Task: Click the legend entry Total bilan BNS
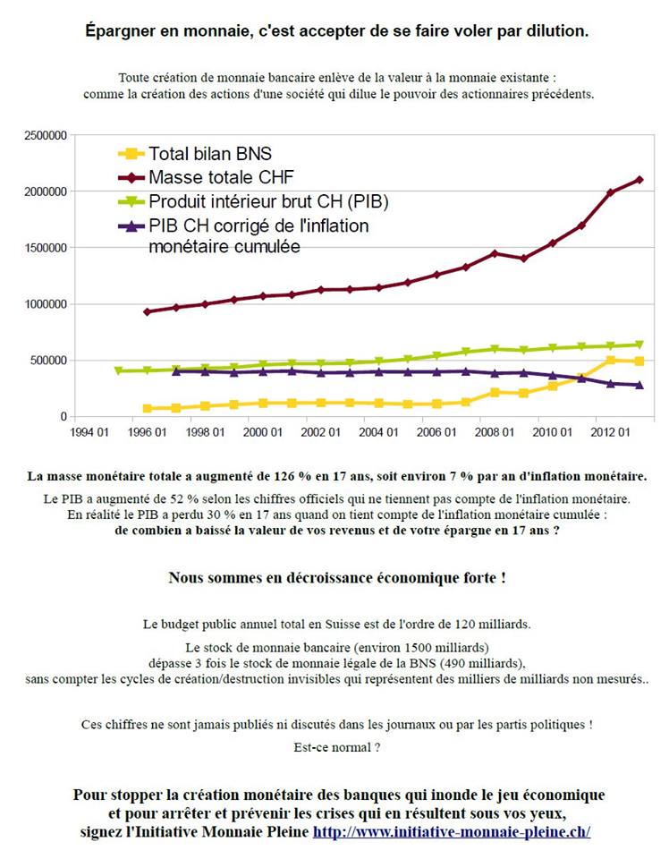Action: pos(209,154)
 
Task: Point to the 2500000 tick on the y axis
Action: pos(44,136)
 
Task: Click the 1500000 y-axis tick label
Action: pos(44,248)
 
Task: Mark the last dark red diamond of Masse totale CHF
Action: pos(639,180)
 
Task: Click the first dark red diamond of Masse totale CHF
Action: pos(147,311)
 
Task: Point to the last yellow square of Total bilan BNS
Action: pos(639,361)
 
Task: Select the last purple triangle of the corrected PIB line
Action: pos(639,385)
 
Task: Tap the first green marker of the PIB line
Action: pos(118,370)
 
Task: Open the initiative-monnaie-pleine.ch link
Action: pos(451,831)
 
